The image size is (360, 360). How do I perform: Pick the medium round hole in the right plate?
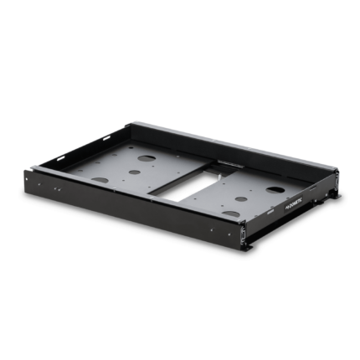241,200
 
